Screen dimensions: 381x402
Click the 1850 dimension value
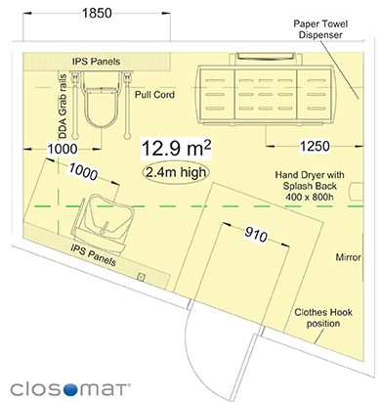(97, 14)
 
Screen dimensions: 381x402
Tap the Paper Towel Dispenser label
(320, 29)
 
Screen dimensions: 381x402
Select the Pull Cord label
(154, 95)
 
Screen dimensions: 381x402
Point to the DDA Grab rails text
(63, 107)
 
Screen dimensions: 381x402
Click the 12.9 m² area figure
(176, 149)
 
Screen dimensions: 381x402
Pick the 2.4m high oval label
(176, 172)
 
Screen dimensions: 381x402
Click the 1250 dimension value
(315, 146)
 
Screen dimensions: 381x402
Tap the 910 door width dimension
(256, 234)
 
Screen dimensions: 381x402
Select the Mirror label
(349, 257)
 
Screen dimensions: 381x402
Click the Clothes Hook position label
(323, 318)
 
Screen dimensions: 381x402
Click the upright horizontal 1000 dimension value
(63, 149)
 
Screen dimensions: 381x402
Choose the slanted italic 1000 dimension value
(83, 172)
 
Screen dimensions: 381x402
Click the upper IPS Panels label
(96, 62)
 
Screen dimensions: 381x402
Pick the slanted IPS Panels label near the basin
(93, 256)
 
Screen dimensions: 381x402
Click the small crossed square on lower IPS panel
(141, 278)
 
